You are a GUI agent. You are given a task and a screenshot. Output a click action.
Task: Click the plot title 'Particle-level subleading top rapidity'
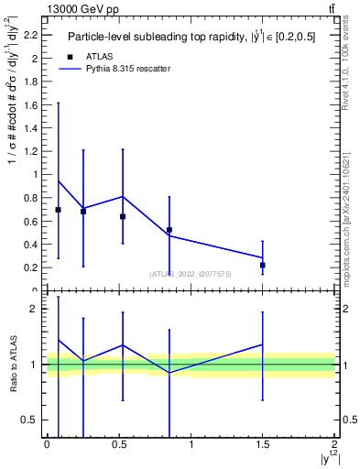(183, 38)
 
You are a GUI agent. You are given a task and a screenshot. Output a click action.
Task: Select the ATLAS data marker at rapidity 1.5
(263, 266)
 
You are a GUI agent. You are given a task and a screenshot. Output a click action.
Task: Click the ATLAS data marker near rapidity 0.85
(169, 230)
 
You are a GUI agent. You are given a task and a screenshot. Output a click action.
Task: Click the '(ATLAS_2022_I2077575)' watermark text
(191, 273)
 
